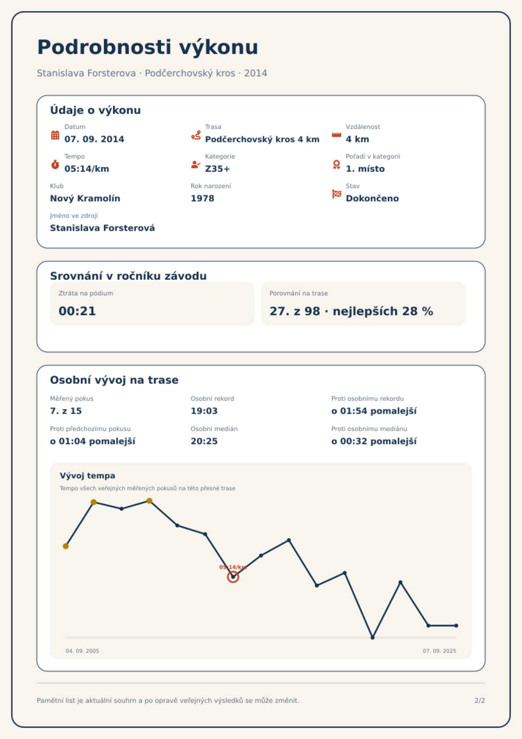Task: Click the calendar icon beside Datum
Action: [55, 135]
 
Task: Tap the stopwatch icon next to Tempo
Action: [55, 165]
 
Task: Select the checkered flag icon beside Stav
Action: [337, 194]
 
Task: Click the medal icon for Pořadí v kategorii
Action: [336, 165]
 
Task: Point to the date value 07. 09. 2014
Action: [94, 139]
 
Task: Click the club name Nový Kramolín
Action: [85, 198]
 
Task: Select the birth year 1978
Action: [202, 198]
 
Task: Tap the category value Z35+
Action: [217, 169]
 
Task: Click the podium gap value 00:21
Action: [77, 311]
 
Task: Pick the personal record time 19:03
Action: [204, 411]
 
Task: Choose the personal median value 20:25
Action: [204, 441]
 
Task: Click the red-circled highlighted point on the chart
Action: [233, 577]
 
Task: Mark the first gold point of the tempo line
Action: [66, 546]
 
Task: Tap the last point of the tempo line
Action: [456, 625]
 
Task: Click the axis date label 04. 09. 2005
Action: [82, 651]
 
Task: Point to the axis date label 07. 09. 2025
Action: [439, 651]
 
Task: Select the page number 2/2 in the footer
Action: [480, 701]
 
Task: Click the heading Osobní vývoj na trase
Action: [114, 380]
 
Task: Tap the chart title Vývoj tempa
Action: [87, 475]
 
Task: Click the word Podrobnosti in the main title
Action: [105, 47]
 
